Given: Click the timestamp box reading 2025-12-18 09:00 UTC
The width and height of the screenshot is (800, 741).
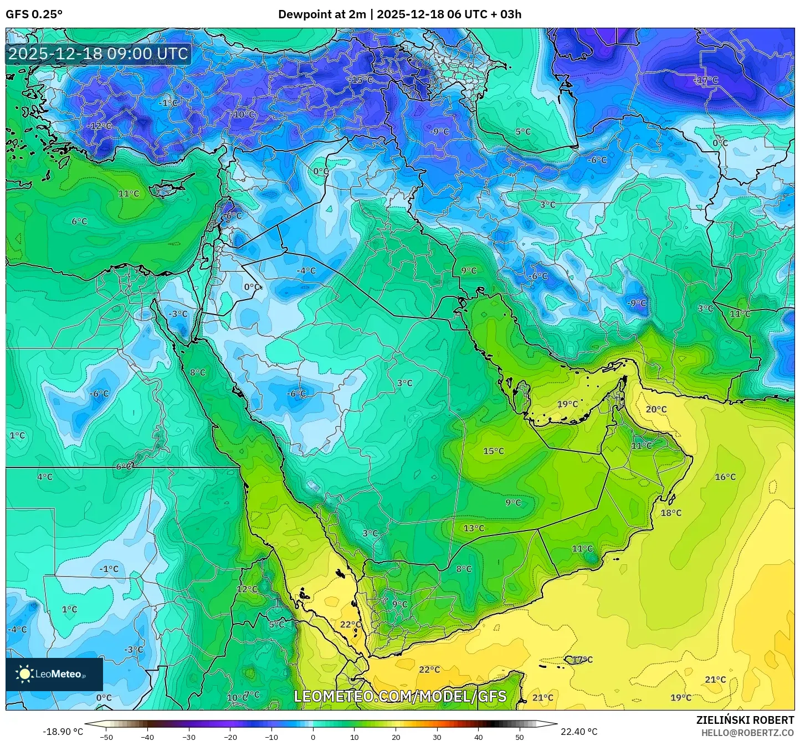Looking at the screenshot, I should pyautogui.click(x=98, y=54).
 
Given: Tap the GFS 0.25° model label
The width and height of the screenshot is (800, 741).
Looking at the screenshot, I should pyautogui.click(x=34, y=14).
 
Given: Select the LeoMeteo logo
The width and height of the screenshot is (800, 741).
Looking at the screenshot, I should pyautogui.click(x=54, y=674).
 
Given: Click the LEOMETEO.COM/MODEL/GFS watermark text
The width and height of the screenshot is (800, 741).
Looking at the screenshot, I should pyautogui.click(x=400, y=696).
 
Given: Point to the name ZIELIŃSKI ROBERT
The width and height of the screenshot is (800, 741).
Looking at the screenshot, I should pyautogui.click(x=745, y=719).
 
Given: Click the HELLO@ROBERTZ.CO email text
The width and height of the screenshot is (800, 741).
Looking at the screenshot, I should pyautogui.click(x=747, y=732).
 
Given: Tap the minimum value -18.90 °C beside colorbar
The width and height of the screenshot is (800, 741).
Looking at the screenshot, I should pyautogui.click(x=63, y=732).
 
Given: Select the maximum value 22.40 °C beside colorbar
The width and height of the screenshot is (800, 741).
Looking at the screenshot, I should pyautogui.click(x=579, y=732).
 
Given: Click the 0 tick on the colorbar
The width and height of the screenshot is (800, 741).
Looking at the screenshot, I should pyautogui.click(x=313, y=737).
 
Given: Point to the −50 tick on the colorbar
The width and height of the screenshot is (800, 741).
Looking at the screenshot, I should pyautogui.click(x=106, y=737).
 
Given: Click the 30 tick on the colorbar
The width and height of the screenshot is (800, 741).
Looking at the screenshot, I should pyautogui.click(x=437, y=737).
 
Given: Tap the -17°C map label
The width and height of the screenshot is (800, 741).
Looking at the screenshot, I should pyautogui.click(x=706, y=80).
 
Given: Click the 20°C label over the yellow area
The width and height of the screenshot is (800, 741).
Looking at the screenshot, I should pyautogui.click(x=656, y=409).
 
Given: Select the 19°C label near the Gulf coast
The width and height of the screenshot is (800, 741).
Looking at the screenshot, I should pyautogui.click(x=567, y=404).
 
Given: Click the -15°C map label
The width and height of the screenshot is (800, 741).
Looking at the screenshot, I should pyautogui.click(x=361, y=80).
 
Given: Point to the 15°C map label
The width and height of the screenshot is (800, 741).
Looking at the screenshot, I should pyautogui.click(x=494, y=451).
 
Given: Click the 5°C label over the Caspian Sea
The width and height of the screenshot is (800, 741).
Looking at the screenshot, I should pyautogui.click(x=523, y=131).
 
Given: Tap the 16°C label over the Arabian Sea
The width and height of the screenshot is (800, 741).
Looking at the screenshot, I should pyautogui.click(x=725, y=477).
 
